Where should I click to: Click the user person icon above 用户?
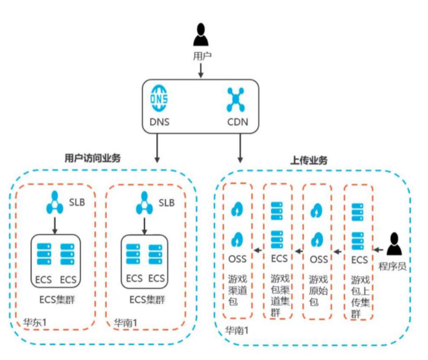[x=201, y=35]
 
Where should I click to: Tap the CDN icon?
[x=237, y=99]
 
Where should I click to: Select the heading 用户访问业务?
[x=93, y=158]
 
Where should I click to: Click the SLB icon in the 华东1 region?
[x=55, y=203]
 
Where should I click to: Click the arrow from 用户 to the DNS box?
[x=201, y=70]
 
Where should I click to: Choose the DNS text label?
[x=160, y=122]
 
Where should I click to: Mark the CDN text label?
[x=237, y=122]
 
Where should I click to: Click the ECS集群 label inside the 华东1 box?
[x=55, y=299]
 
